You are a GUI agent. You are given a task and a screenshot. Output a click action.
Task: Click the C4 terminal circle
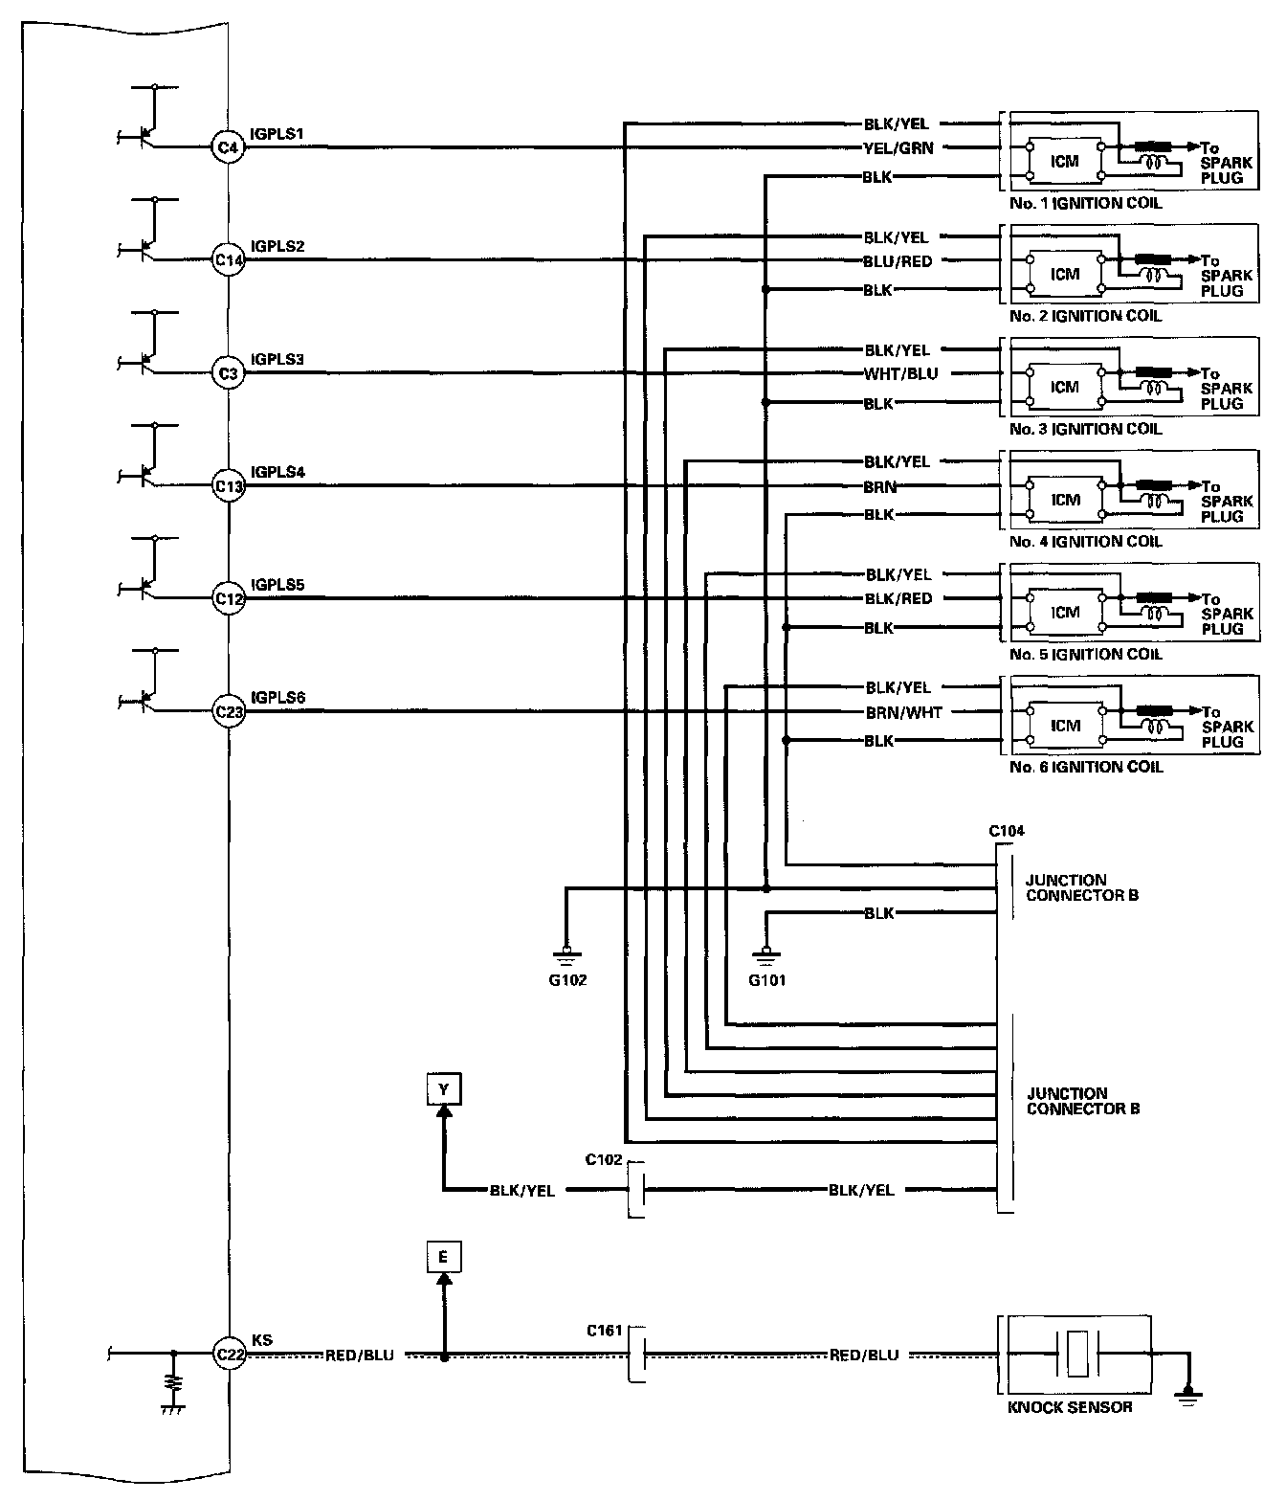[x=228, y=147]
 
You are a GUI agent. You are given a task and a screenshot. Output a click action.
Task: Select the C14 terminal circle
[x=228, y=259]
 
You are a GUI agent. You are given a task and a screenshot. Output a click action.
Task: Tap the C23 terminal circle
[x=228, y=711]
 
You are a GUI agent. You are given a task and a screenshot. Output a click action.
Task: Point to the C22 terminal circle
[x=228, y=1355]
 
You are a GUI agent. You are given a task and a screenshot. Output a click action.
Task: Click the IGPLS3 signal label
[x=277, y=359]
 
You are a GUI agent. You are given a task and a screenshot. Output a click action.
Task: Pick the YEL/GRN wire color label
[x=898, y=148]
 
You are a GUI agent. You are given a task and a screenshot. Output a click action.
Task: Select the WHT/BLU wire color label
[x=899, y=374]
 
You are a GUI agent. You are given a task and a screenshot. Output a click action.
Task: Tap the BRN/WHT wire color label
[x=903, y=712]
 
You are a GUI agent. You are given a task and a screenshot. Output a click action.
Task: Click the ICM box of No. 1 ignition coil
[x=1064, y=162]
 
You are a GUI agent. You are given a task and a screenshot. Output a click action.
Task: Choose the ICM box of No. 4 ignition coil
[x=1064, y=501]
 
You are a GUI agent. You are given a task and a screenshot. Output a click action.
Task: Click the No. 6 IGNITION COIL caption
[x=1085, y=767]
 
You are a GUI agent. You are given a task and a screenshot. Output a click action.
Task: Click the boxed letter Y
[x=443, y=1089]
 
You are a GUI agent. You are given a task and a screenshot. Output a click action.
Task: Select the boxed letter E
[x=443, y=1257]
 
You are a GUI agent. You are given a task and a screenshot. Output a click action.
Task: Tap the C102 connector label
[x=604, y=1160]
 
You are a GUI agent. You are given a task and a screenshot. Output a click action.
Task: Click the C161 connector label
[x=605, y=1331]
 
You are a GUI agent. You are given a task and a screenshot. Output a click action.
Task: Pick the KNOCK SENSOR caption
[x=1070, y=1407]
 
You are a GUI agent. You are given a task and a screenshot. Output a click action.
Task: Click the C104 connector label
[x=1006, y=831]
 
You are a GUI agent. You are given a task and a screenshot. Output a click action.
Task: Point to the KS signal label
[x=260, y=1340]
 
